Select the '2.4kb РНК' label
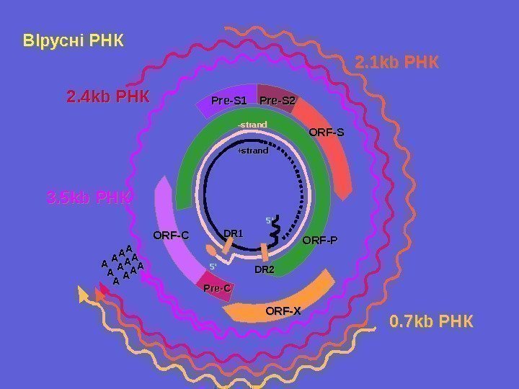coord(108,96)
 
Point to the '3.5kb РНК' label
coord(89,197)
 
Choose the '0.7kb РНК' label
coord(431,321)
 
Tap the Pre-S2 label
coord(278,100)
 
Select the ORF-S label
coord(327,133)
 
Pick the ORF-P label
coord(319,241)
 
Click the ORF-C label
coord(171,235)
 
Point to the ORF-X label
coord(283,311)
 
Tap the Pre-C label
coord(216,288)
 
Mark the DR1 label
coord(234,233)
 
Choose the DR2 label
coord(265,270)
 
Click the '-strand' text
coord(252,125)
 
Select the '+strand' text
coord(252,151)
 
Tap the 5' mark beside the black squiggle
coord(270,220)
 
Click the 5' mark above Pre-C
coord(213,267)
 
